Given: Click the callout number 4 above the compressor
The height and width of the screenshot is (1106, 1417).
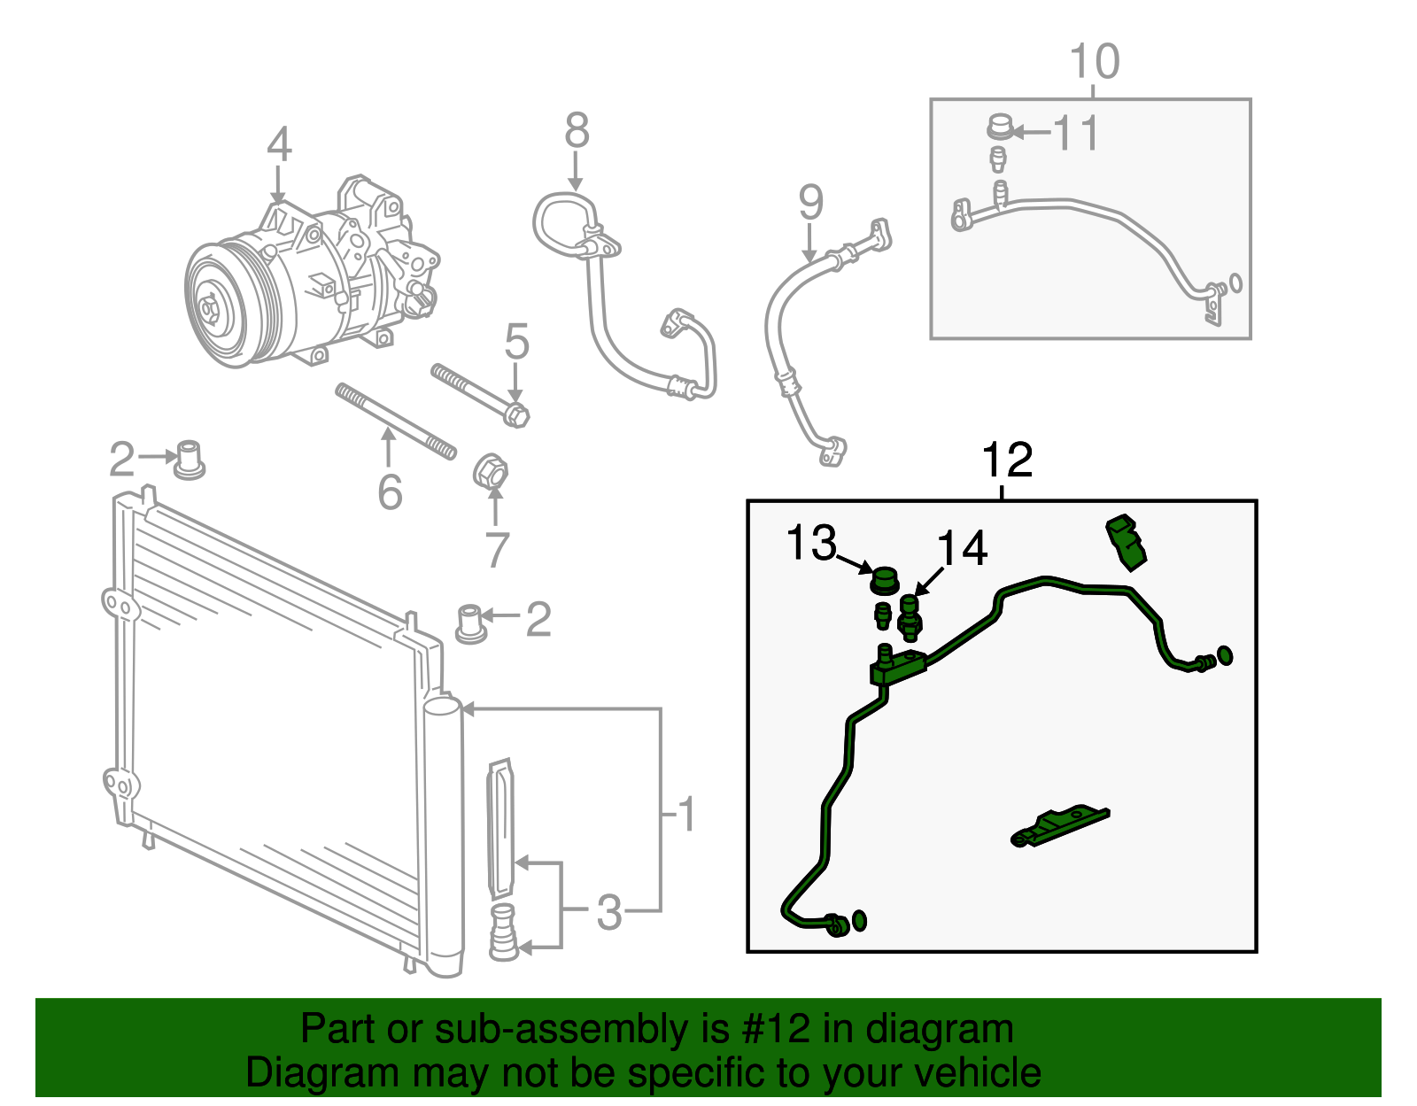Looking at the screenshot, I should point(279,144).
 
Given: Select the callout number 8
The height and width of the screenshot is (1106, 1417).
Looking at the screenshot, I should point(577,131).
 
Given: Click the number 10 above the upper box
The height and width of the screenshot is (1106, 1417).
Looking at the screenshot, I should point(1095,62).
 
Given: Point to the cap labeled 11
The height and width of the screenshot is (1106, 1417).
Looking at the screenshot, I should point(1000,128).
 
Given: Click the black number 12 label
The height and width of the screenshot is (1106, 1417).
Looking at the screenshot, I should point(1008,460).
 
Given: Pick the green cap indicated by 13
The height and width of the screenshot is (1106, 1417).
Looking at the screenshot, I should point(883,581).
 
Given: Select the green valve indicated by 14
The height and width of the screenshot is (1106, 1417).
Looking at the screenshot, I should point(910,616).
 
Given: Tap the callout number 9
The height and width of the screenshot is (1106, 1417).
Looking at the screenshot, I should point(810,203).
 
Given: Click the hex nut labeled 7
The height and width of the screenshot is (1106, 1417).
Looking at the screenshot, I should point(491,471).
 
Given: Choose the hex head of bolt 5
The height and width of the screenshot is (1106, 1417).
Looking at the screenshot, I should point(515,414).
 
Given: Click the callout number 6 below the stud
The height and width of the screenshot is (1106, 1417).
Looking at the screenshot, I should point(390,493).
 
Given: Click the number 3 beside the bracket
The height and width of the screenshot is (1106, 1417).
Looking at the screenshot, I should point(609,913).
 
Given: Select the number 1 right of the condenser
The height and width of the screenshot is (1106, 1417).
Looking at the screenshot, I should point(686,815).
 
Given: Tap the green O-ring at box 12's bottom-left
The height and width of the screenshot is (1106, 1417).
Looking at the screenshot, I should point(857,920).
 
